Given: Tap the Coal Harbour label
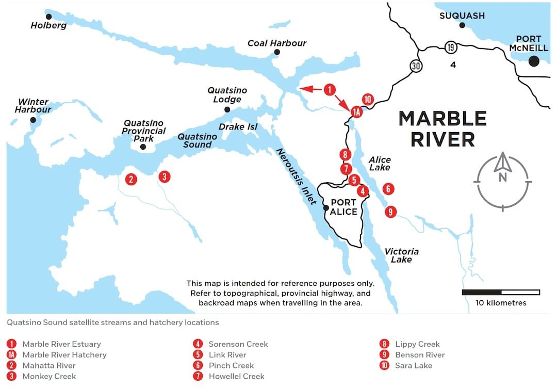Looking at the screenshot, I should tap(276, 43).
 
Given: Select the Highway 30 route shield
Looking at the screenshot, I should tap(416, 66).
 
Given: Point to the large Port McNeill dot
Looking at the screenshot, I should tap(534, 61).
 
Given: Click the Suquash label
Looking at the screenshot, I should tap(462, 16).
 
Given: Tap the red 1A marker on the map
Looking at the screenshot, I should tap(355, 111).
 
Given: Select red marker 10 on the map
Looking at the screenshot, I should tap(367, 100).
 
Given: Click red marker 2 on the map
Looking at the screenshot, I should tap(132, 180).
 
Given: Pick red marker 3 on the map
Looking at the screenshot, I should tap(164, 176).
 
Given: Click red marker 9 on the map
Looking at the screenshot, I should tap(391, 211).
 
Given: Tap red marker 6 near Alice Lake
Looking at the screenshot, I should tap(388, 189).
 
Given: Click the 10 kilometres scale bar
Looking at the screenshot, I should tap(501, 293).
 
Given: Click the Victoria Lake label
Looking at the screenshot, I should tap(401, 255).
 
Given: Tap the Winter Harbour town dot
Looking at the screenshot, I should tap(33, 120).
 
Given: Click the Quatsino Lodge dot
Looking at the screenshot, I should tap(227, 109).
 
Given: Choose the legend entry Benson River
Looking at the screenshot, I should tap(419, 355).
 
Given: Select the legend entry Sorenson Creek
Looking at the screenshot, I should tap(238, 344).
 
